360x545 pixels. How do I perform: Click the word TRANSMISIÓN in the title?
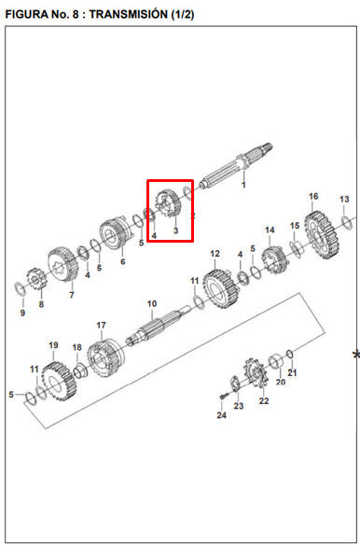point(129,14)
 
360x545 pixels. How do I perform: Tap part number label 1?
point(243,185)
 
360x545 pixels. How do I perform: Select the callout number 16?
point(313,196)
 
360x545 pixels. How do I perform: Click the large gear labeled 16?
point(322,235)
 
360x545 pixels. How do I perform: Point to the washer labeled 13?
point(346,222)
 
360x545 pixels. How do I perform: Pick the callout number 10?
point(152,304)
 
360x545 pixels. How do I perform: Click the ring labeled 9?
point(20,289)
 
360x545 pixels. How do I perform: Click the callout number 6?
point(123,261)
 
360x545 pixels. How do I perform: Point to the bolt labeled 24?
point(223,397)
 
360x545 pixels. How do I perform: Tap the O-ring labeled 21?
point(291,355)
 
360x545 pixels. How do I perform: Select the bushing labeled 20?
point(277,362)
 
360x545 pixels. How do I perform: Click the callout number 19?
point(53,345)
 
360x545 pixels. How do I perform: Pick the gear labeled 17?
point(105,358)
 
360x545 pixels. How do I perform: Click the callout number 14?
point(270,231)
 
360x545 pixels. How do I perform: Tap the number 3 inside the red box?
point(175,231)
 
